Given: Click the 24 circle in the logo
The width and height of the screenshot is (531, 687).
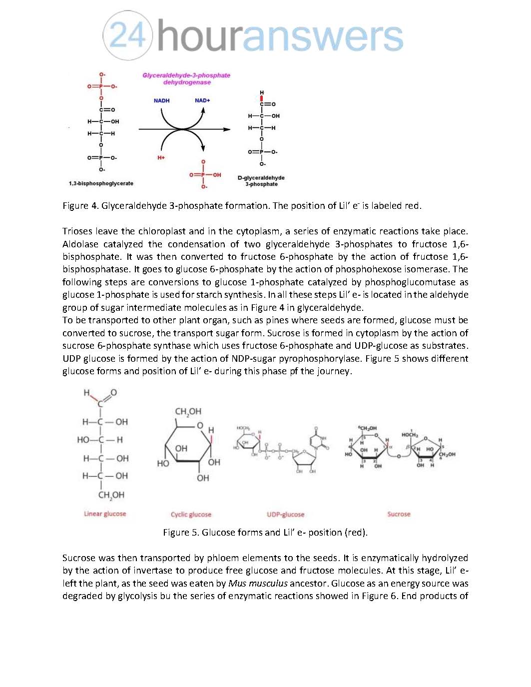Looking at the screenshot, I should point(128,35).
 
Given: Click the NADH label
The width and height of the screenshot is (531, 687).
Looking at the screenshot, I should point(161,100).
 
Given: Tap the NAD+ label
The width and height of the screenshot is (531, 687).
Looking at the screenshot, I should point(202,100).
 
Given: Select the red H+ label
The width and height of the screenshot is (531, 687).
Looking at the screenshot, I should point(161,158).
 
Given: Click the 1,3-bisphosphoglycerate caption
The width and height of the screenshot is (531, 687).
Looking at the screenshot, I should point(101,183).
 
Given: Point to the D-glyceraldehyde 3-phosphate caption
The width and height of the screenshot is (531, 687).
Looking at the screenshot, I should point(261,181).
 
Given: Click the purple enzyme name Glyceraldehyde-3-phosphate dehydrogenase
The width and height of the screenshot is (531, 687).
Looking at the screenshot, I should point(186,78).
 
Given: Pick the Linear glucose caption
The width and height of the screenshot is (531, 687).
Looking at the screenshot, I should point(105,514).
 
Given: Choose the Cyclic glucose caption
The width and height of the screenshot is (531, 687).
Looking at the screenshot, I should point(191,514).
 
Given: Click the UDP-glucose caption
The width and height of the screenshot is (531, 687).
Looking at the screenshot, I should point(285,514).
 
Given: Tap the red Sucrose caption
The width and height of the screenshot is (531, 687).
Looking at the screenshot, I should point(399,514).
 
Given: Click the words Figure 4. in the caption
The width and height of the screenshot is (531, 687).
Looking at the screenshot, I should point(80,205).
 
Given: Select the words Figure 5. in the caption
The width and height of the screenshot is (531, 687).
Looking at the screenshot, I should point(181,532).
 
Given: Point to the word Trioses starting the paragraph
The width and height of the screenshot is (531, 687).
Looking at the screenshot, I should point(77,231).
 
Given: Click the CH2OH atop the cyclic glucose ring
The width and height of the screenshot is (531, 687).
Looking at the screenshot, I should point(188,412).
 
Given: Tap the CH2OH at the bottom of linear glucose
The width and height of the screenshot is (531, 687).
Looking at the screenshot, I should point(111,495).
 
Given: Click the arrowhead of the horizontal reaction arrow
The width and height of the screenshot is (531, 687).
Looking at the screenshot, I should point(227,129).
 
